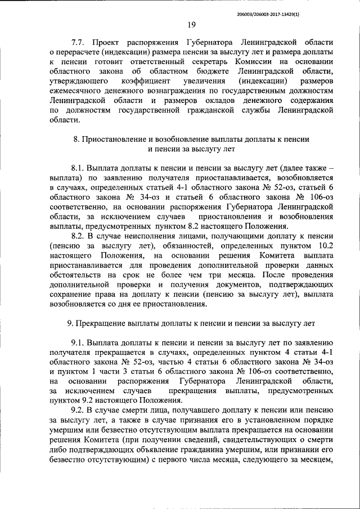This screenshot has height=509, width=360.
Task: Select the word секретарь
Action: pos(201,63)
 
